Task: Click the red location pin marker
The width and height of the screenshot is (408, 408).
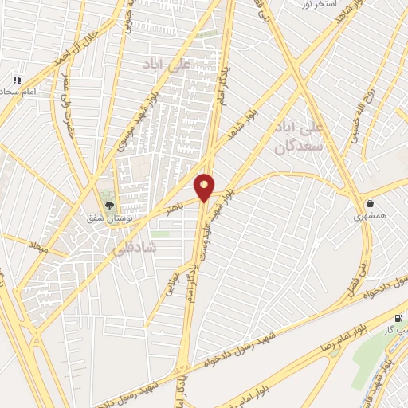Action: click(x=204, y=186)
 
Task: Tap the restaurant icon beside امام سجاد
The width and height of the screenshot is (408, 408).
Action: click(x=17, y=80)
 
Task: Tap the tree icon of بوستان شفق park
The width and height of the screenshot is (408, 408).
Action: click(x=108, y=206)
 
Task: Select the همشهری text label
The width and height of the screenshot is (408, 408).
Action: click(x=371, y=216)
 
